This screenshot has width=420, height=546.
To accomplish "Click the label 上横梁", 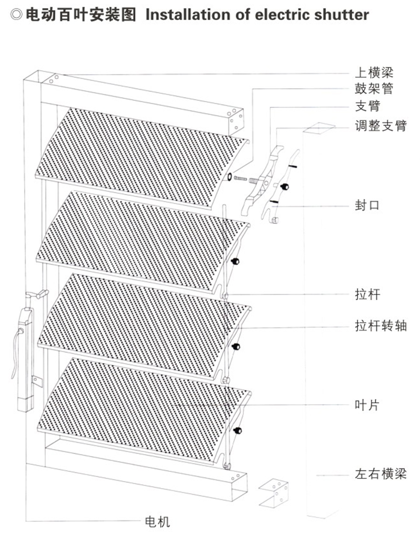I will pyautogui.click(x=374, y=73).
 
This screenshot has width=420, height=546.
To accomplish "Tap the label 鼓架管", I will pyautogui.click(x=374, y=89).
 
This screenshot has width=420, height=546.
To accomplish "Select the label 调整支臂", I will pyautogui.click(x=380, y=125).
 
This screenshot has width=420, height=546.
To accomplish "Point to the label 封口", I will pyautogui.click(x=367, y=206).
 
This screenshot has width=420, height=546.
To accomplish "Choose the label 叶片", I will pyautogui.click(x=367, y=405).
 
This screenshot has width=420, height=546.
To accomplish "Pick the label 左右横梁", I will pyautogui.click(x=380, y=474).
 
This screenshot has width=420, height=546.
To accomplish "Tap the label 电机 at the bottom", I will pyautogui.click(x=158, y=521).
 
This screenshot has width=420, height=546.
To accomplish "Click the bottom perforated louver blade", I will pyautogui.click(x=140, y=410).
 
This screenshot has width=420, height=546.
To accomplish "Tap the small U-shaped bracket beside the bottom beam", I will pyautogui.click(x=274, y=491).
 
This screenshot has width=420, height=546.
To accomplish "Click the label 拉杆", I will pyautogui.click(x=367, y=294).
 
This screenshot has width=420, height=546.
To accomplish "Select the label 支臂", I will pyautogui.click(x=367, y=106).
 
